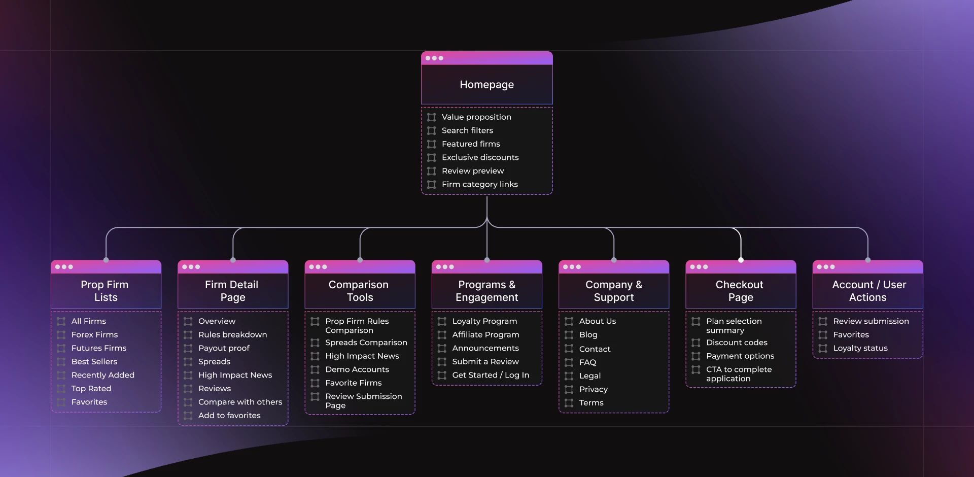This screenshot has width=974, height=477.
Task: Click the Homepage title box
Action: click(x=486, y=84)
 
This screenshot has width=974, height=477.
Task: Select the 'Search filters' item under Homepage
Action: click(x=467, y=130)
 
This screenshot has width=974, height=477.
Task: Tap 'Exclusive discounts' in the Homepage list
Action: click(x=480, y=157)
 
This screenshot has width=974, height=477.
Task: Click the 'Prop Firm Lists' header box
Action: click(x=106, y=291)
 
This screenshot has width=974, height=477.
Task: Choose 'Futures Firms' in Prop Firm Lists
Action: click(x=98, y=348)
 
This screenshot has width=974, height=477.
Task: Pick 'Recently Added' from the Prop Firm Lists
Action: click(x=102, y=375)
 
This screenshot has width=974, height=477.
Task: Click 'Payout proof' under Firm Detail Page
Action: click(x=224, y=348)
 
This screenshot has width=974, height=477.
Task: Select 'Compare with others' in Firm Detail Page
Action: click(x=240, y=402)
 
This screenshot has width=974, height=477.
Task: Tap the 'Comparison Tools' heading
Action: click(x=359, y=291)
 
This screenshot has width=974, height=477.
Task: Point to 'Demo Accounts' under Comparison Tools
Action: click(x=357, y=369)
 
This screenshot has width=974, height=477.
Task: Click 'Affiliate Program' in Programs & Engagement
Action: click(x=485, y=334)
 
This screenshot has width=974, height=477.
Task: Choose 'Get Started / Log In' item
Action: click(x=491, y=375)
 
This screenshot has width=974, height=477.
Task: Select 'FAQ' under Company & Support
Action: click(x=587, y=362)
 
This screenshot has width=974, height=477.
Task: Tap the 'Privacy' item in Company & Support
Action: click(x=593, y=389)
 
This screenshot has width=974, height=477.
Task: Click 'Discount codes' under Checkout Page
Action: click(x=737, y=343)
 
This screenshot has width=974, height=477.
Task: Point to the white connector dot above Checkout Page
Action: click(x=741, y=260)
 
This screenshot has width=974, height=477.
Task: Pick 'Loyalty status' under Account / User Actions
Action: click(x=860, y=348)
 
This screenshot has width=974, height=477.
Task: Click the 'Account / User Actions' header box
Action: click(x=867, y=291)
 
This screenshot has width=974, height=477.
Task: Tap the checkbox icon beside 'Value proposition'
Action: click(x=432, y=117)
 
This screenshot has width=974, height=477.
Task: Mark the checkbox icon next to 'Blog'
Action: click(x=569, y=335)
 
